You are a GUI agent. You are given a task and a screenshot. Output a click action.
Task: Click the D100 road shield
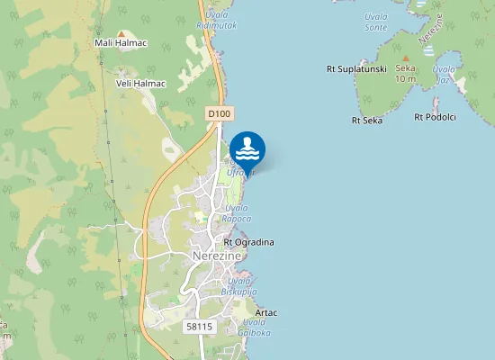coord(219,113)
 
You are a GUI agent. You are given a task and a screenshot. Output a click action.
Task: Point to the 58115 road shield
coord(199,326)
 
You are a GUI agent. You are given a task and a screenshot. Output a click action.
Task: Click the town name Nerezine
coord(218,256)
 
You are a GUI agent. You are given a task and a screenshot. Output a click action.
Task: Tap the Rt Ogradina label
coord(248,242)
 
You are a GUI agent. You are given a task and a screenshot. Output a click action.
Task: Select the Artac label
coord(266,312)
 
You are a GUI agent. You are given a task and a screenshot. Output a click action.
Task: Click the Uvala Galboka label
coord(255,327)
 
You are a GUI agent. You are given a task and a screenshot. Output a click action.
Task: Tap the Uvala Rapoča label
coord(238,213)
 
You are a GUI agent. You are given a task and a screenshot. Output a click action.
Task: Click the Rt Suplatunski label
coord(356,68)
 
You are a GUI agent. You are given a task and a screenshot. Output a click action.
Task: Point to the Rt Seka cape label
coord(367,119)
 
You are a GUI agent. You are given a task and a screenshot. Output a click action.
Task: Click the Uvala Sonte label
coord(375,22)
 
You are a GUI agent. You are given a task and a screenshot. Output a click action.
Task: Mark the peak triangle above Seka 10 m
coord(405,58)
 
